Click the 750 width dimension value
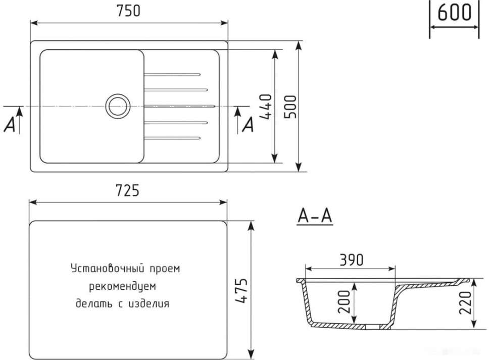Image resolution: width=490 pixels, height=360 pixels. pyautogui.click(x=128, y=11)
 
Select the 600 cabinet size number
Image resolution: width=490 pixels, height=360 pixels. pyautogui.click(x=454, y=13)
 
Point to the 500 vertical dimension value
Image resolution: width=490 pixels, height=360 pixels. pyautogui.click(x=290, y=106)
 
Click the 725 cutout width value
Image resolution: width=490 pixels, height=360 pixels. pyautogui.click(x=128, y=191)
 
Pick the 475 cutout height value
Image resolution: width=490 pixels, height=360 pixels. pyautogui.click(x=242, y=290)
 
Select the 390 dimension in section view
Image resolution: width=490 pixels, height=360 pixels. pyautogui.click(x=351, y=260)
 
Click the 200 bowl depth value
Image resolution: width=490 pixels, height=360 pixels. pyautogui.click(x=345, y=301)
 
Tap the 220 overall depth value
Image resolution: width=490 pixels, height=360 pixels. pyautogui.click(x=465, y=301)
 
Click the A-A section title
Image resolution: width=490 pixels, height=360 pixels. pyautogui.click(x=314, y=217)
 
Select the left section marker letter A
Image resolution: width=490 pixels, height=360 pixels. pyautogui.click(x=9, y=125)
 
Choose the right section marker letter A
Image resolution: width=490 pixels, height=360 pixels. pyautogui.click(x=248, y=125)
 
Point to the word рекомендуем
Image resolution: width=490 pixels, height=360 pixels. pyautogui.click(x=123, y=286)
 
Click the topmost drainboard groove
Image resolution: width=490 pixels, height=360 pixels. pyautogui.click(x=172, y=74)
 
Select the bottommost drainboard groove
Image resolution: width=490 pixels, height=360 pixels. pyautogui.click(x=172, y=138)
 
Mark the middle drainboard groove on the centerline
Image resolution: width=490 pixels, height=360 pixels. pyautogui.click(x=179, y=106)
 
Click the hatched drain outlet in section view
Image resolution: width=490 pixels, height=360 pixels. pyautogui.click(x=377, y=327)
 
